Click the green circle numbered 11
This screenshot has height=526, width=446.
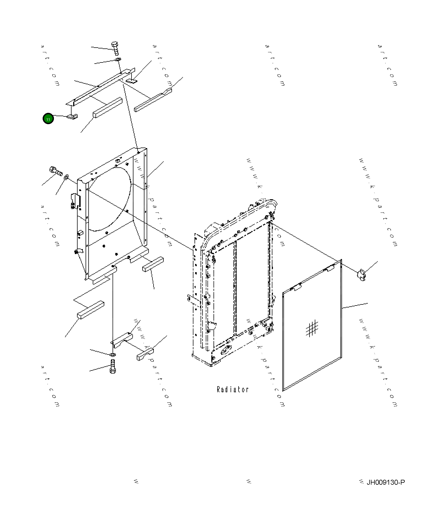pyautogui.click(x=48, y=119)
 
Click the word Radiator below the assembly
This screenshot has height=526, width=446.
pyautogui.click(x=232, y=389)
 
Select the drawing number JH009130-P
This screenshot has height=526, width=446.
pyautogui.click(x=385, y=482)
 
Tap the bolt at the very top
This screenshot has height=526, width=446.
pyautogui.click(x=115, y=48)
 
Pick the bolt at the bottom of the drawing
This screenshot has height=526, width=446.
pyautogui.click(x=113, y=366)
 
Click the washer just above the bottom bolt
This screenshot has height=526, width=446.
pyautogui.click(x=112, y=354)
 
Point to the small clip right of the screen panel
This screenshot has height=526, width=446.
pyautogui.click(x=361, y=275)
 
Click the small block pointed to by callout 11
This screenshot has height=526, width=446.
pyautogui.click(x=72, y=117)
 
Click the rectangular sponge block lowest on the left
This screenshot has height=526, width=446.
pyautogui.click(x=91, y=310)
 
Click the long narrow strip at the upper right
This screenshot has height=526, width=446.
pyautogui.click(x=153, y=100)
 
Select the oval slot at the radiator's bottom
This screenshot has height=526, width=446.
pyautogui.click(x=226, y=350)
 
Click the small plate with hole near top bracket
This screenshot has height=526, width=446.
pyautogui.click(x=132, y=81)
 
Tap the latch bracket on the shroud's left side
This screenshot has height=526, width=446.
pyautogui.click(x=75, y=201)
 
